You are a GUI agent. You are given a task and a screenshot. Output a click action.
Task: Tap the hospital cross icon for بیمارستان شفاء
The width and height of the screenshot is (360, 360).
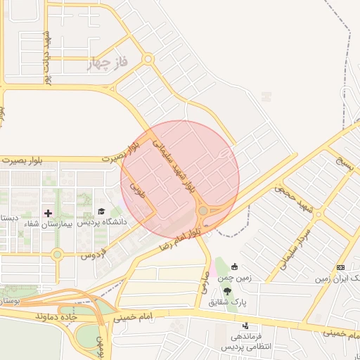[x=48, y=212]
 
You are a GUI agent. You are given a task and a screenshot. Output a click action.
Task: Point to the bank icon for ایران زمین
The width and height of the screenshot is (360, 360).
[x=341, y=267]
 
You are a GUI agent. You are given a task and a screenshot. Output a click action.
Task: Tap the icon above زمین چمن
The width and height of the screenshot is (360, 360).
[x=234, y=266]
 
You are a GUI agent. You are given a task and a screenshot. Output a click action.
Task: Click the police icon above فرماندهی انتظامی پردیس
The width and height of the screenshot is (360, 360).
[x=245, y=326]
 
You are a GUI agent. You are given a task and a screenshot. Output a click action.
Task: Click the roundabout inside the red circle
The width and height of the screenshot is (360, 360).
[x=202, y=210]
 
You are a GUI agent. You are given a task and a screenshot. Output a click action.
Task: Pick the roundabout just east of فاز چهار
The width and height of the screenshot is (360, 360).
[x=148, y=60]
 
